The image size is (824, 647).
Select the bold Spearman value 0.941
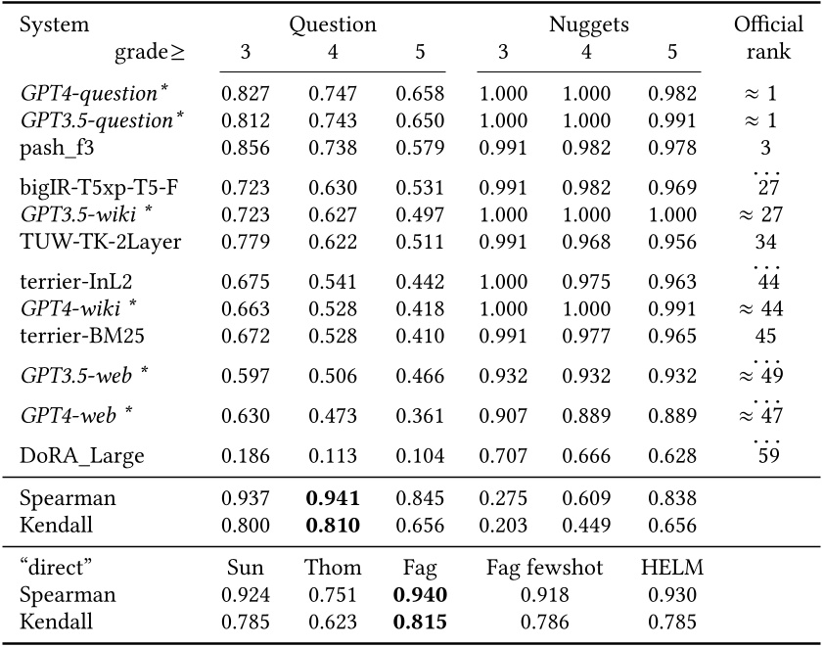click(333, 498)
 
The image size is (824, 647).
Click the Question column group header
click(333, 24)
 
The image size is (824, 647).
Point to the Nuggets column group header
click(588, 24)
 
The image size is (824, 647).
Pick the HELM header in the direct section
click(671, 568)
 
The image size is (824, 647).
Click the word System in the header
click(54, 24)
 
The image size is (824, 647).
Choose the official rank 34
click(765, 240)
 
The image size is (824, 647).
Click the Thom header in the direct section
click(333, 568)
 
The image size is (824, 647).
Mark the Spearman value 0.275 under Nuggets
click(503, 498)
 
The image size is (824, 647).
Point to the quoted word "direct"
click(53, 568)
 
